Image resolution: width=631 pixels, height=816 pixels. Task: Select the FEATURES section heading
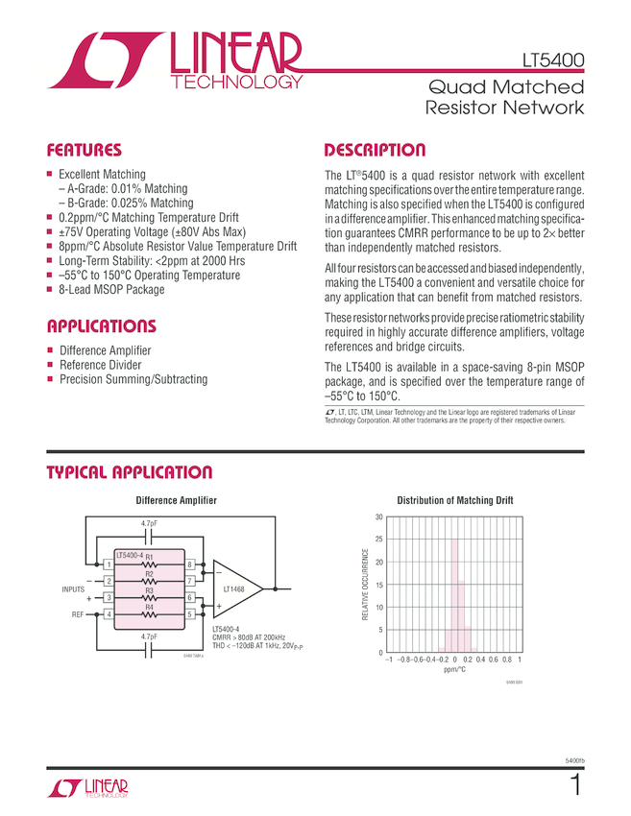85,151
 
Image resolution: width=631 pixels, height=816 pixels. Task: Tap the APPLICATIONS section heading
101,325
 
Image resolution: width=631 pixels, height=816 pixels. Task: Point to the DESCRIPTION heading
375,151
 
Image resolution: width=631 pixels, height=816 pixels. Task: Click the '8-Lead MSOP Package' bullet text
111,290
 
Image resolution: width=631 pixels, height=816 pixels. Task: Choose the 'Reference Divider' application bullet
100,365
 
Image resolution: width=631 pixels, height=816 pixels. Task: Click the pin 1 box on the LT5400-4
109,564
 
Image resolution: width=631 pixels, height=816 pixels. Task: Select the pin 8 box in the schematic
190,564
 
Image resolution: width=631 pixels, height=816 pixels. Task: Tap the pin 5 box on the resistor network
190,614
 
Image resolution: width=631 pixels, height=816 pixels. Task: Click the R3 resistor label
149,590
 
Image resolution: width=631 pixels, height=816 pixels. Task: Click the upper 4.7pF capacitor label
149,523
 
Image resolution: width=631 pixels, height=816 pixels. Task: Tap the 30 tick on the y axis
378,517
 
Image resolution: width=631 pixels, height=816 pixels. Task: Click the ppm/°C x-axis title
454,671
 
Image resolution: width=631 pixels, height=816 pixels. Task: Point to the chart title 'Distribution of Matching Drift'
455,500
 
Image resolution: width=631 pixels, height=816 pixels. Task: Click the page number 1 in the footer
576,786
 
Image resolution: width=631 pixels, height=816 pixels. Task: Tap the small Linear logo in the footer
86,788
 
